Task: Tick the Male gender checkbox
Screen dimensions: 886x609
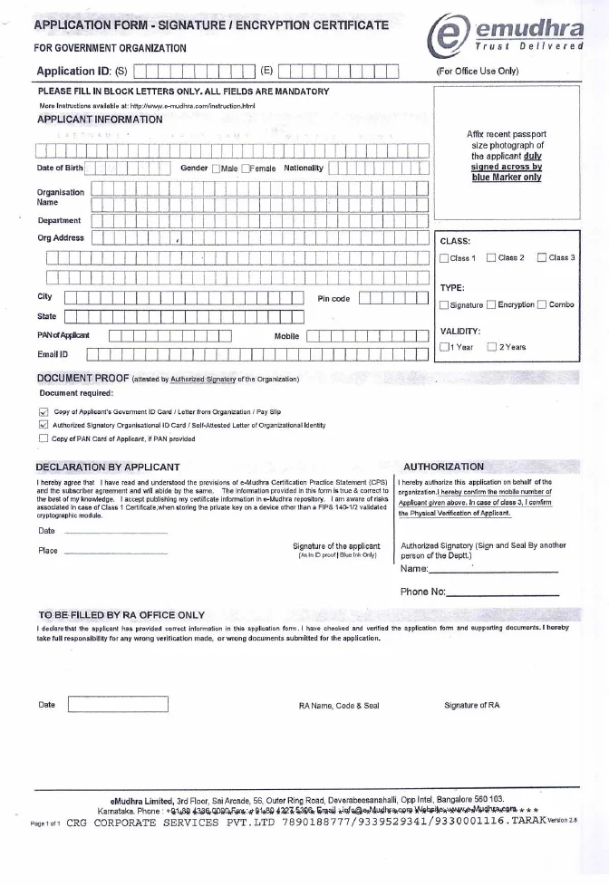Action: pos(217,169)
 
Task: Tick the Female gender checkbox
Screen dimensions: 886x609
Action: pos(245,169)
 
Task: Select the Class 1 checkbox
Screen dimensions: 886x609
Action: pos(444,258)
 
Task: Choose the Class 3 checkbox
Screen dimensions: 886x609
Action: pos(542,258)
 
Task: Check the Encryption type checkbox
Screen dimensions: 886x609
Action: pos(491,305)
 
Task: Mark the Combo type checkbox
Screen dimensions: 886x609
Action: pos(541,305)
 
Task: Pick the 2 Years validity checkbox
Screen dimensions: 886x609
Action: pos(492,346)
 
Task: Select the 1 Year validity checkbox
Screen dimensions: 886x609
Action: pos(444,346)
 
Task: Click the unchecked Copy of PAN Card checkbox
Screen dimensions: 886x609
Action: pos(43,439)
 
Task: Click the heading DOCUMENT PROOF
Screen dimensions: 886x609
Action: pos(82,378)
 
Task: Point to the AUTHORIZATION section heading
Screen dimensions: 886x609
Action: pos(443,467)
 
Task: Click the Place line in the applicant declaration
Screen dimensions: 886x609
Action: pos(115,552)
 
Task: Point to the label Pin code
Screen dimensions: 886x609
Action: pos(333,298)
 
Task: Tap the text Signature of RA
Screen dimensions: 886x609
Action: pos(471,705)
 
